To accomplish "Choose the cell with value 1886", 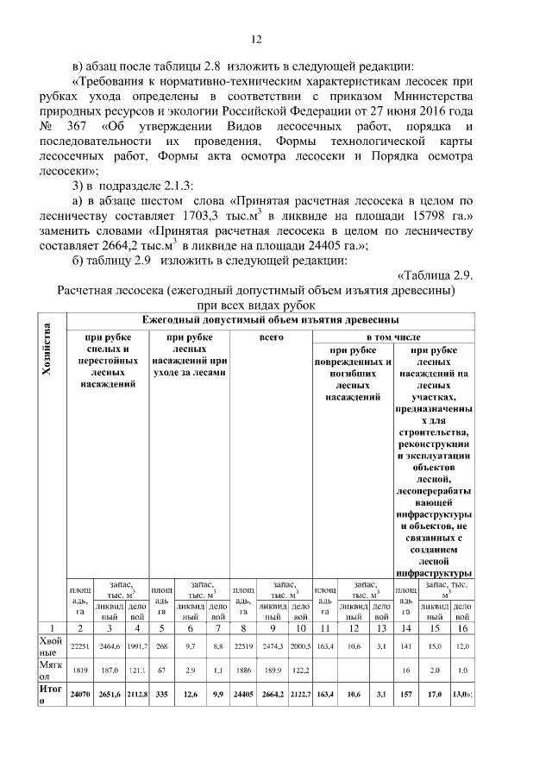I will (244, 668).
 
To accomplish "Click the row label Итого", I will (48, 695).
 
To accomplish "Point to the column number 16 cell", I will (462, 627).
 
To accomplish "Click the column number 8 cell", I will (244, 627).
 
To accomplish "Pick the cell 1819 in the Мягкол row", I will (78, 668).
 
